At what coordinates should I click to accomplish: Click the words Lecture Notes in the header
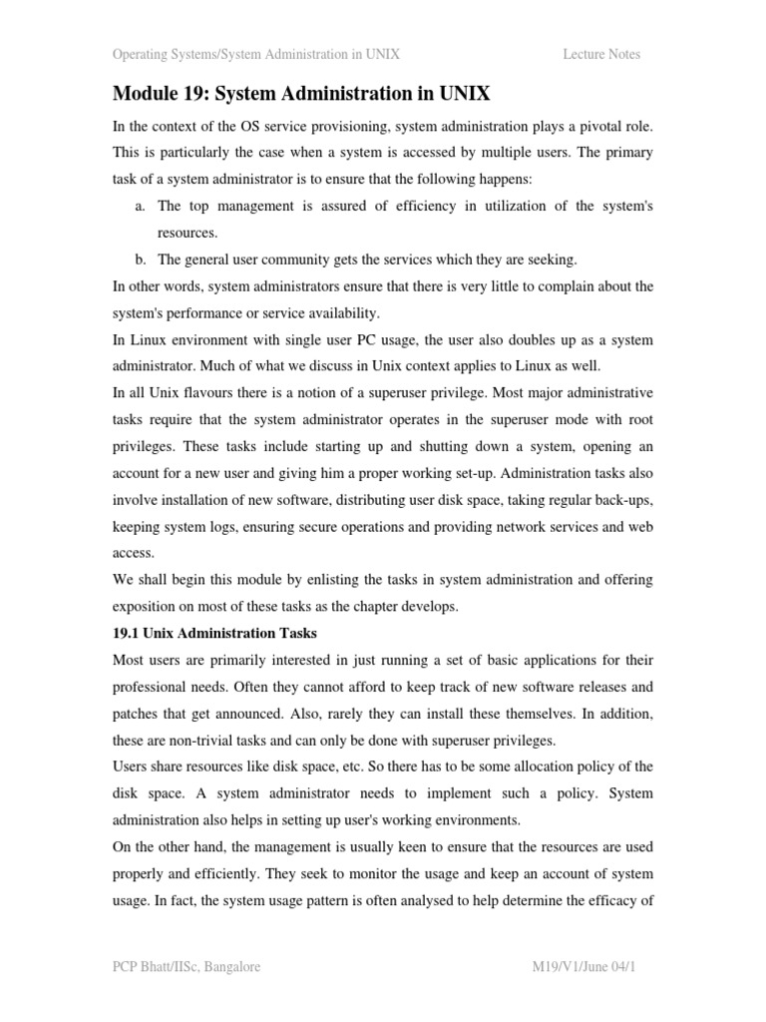[x=601, y=54]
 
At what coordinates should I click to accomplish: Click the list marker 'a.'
[x=140, y=206]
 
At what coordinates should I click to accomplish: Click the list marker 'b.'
[x=141, y=259]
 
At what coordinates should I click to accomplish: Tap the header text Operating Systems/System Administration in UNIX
[x=256, y=54]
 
